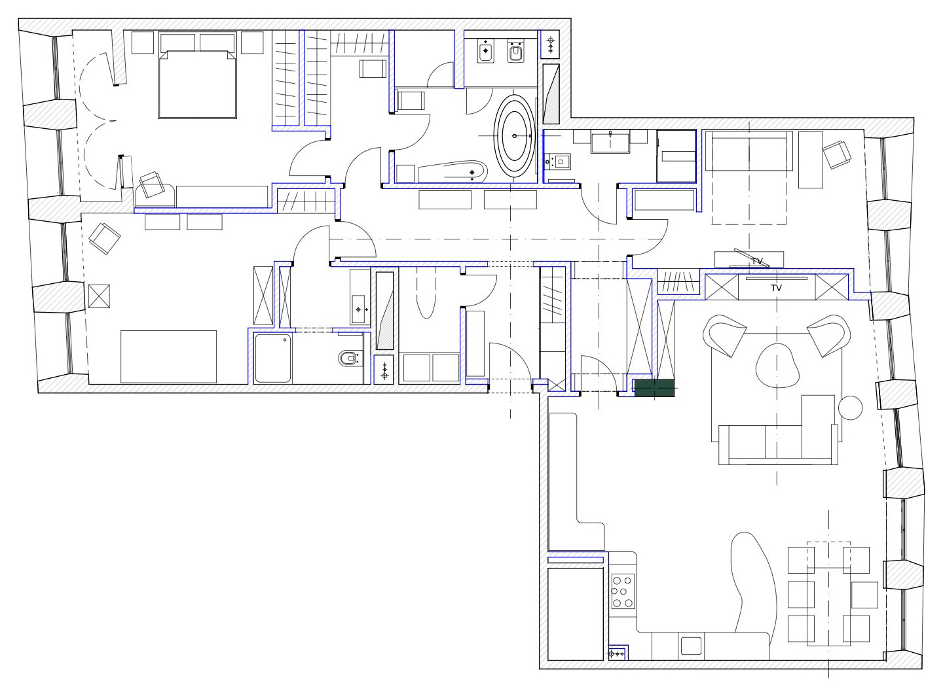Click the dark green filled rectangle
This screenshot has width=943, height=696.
click(x=654, y=388)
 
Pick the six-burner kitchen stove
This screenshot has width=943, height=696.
click(x=623, y=591)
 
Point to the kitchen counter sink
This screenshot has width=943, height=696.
click(x=691, y=646)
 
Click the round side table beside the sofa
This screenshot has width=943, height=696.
click(x=850, y=408)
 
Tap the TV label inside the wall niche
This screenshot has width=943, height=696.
click(x=777, y=288)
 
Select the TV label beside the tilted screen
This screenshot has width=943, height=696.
click(x=757, y=261)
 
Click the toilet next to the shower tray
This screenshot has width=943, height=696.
click(x=348, y=359)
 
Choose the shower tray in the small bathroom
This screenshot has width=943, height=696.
click(x=272, y=358)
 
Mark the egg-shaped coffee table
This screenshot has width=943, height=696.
click(x=777, y=366)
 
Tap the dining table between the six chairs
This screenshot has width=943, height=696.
click(x=828, y=594)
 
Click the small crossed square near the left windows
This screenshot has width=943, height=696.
click(x=99, y=296)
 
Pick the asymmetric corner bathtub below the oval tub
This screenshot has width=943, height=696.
click(x=453, y=171)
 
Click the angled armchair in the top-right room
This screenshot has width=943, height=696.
click(x=837, y=154)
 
